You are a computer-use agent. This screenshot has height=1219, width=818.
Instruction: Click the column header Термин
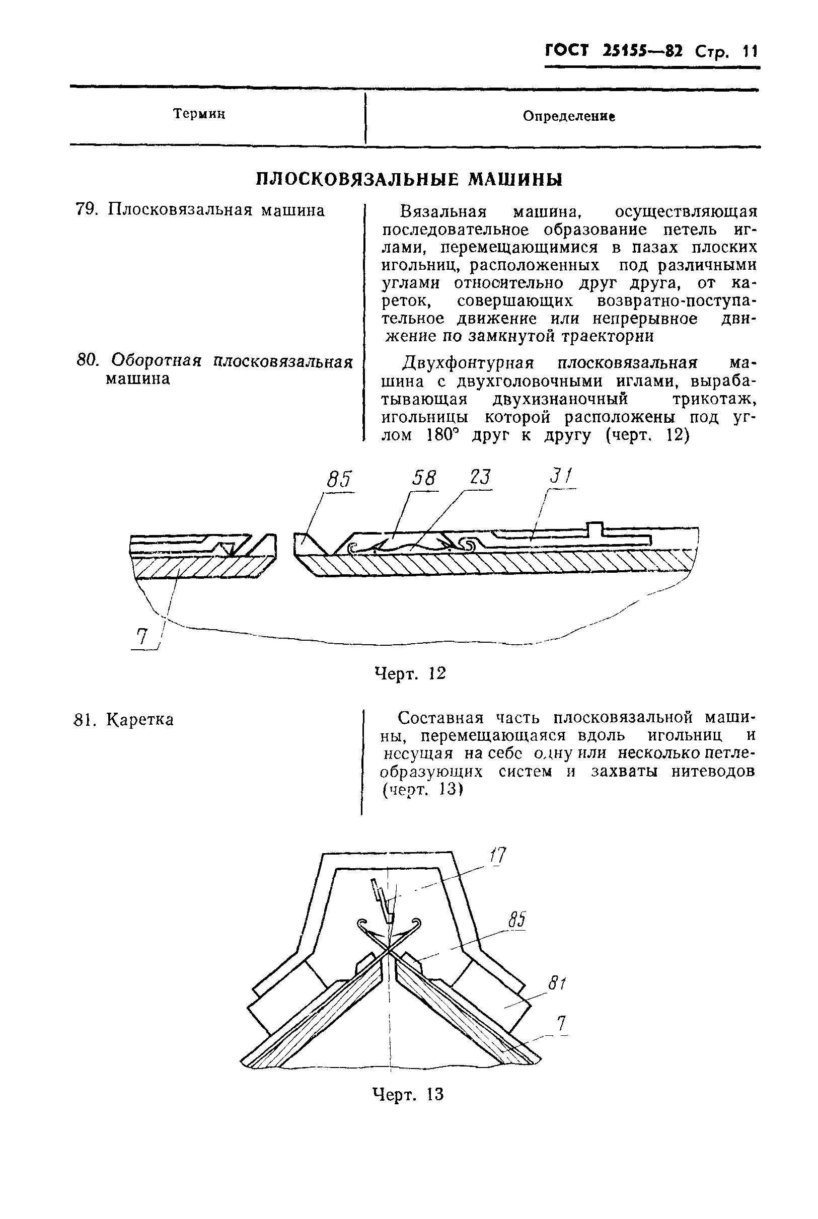click(x=199, y=114)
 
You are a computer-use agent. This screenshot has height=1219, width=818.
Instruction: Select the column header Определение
click(x=569, y=116)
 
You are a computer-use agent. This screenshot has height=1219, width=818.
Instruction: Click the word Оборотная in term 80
click(x=157, y=360)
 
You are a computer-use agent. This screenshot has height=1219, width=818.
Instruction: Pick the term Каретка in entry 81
click(x=140, y=720)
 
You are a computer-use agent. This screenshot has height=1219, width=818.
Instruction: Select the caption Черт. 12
click(x=411, y=673)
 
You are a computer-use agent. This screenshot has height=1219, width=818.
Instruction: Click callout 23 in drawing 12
click(x=480, y=478)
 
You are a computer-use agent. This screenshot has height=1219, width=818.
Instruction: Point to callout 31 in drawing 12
click(x=561, y=477)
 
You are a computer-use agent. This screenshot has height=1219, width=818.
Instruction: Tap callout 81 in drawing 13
click(x=557, y=983)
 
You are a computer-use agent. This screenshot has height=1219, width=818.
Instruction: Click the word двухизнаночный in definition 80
click(x=560, y=400)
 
